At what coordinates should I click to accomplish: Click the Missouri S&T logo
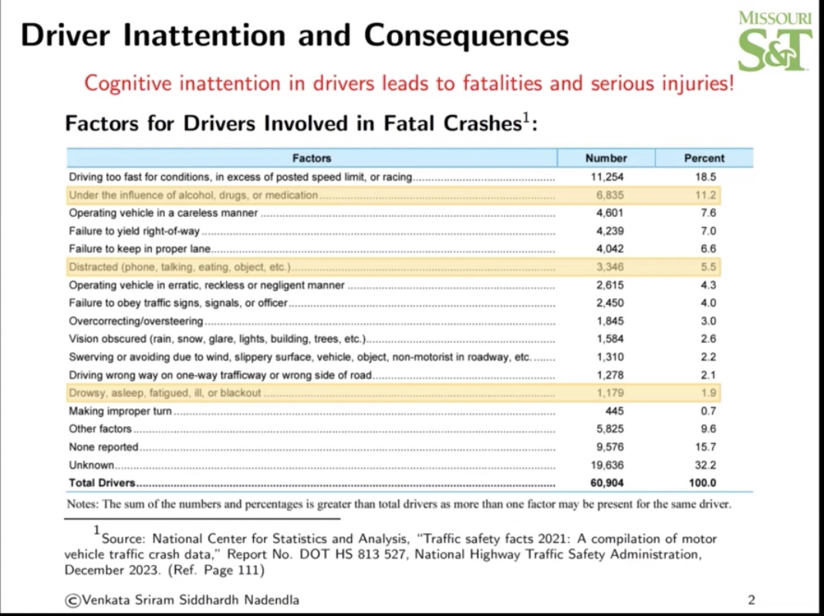[x=774, y=42]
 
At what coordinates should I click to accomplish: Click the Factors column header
[x=312, y=158]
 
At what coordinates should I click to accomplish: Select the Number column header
[x=606, y=158]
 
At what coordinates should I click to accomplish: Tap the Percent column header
[x=704, y=158]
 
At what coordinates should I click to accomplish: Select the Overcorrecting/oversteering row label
[x=136, y=321]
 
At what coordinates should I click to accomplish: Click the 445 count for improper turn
[x=614, y=411]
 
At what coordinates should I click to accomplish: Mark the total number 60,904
[x=606, y=483]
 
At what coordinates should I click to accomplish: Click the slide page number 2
[x=751, y=600]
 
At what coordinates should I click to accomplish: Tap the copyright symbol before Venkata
[x=73, y=600]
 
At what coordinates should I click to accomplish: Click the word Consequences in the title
[x=466, y=36]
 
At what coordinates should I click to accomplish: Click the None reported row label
[x=103, y=447]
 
